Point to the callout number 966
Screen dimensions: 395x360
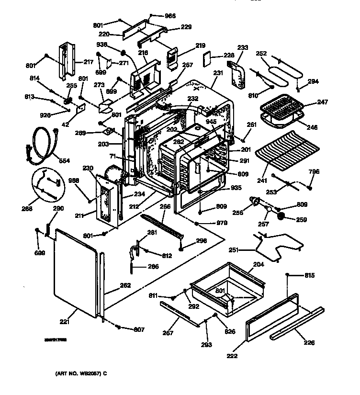point(170,16)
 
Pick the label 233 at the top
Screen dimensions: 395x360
point(243,47)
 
